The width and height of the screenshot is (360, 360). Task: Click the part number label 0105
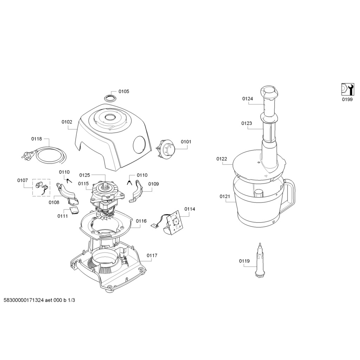[x=123, y=91]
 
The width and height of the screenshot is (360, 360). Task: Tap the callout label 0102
[x=67, y=122]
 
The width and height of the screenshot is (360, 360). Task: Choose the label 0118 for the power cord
[x=36, y=139]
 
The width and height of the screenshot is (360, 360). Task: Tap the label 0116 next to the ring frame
[x=141, y=221]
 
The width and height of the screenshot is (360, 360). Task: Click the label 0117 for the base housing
[x=152, y=256]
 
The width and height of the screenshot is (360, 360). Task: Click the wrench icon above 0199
[x=347, y=89]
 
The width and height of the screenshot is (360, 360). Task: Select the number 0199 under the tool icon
[x=347, y=99]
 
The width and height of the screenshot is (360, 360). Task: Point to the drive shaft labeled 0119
[x=259, y=261]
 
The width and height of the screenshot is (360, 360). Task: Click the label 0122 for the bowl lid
[x=221, y=159]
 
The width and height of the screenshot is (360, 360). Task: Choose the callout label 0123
[x=246, y=123]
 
